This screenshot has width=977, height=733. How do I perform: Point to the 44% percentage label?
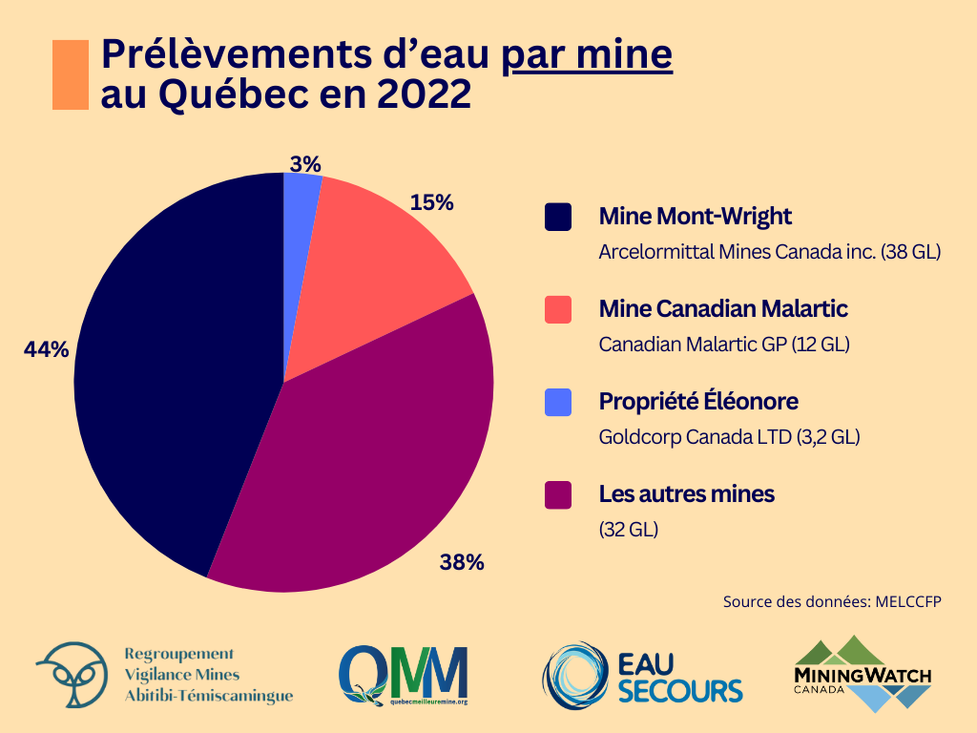coord(47,350)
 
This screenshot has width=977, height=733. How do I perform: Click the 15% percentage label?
coord(431,202)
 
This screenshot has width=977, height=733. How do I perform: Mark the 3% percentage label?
coord(305,164)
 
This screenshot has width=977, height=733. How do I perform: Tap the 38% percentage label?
coord(462,562)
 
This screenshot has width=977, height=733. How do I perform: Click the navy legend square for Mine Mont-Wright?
coord(557,217)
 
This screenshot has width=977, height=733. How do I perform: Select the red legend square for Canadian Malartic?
coord(557,309)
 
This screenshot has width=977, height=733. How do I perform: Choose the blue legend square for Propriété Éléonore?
coord(557,402)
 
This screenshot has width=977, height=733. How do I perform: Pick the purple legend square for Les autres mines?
coord(557,494)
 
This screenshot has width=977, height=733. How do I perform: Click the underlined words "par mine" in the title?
coord(588,55)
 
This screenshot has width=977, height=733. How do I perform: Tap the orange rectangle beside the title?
coord(71,74)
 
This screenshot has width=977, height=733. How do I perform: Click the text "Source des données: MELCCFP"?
coord(825,602)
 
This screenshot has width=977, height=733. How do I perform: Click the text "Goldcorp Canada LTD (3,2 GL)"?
coord(729,437)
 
